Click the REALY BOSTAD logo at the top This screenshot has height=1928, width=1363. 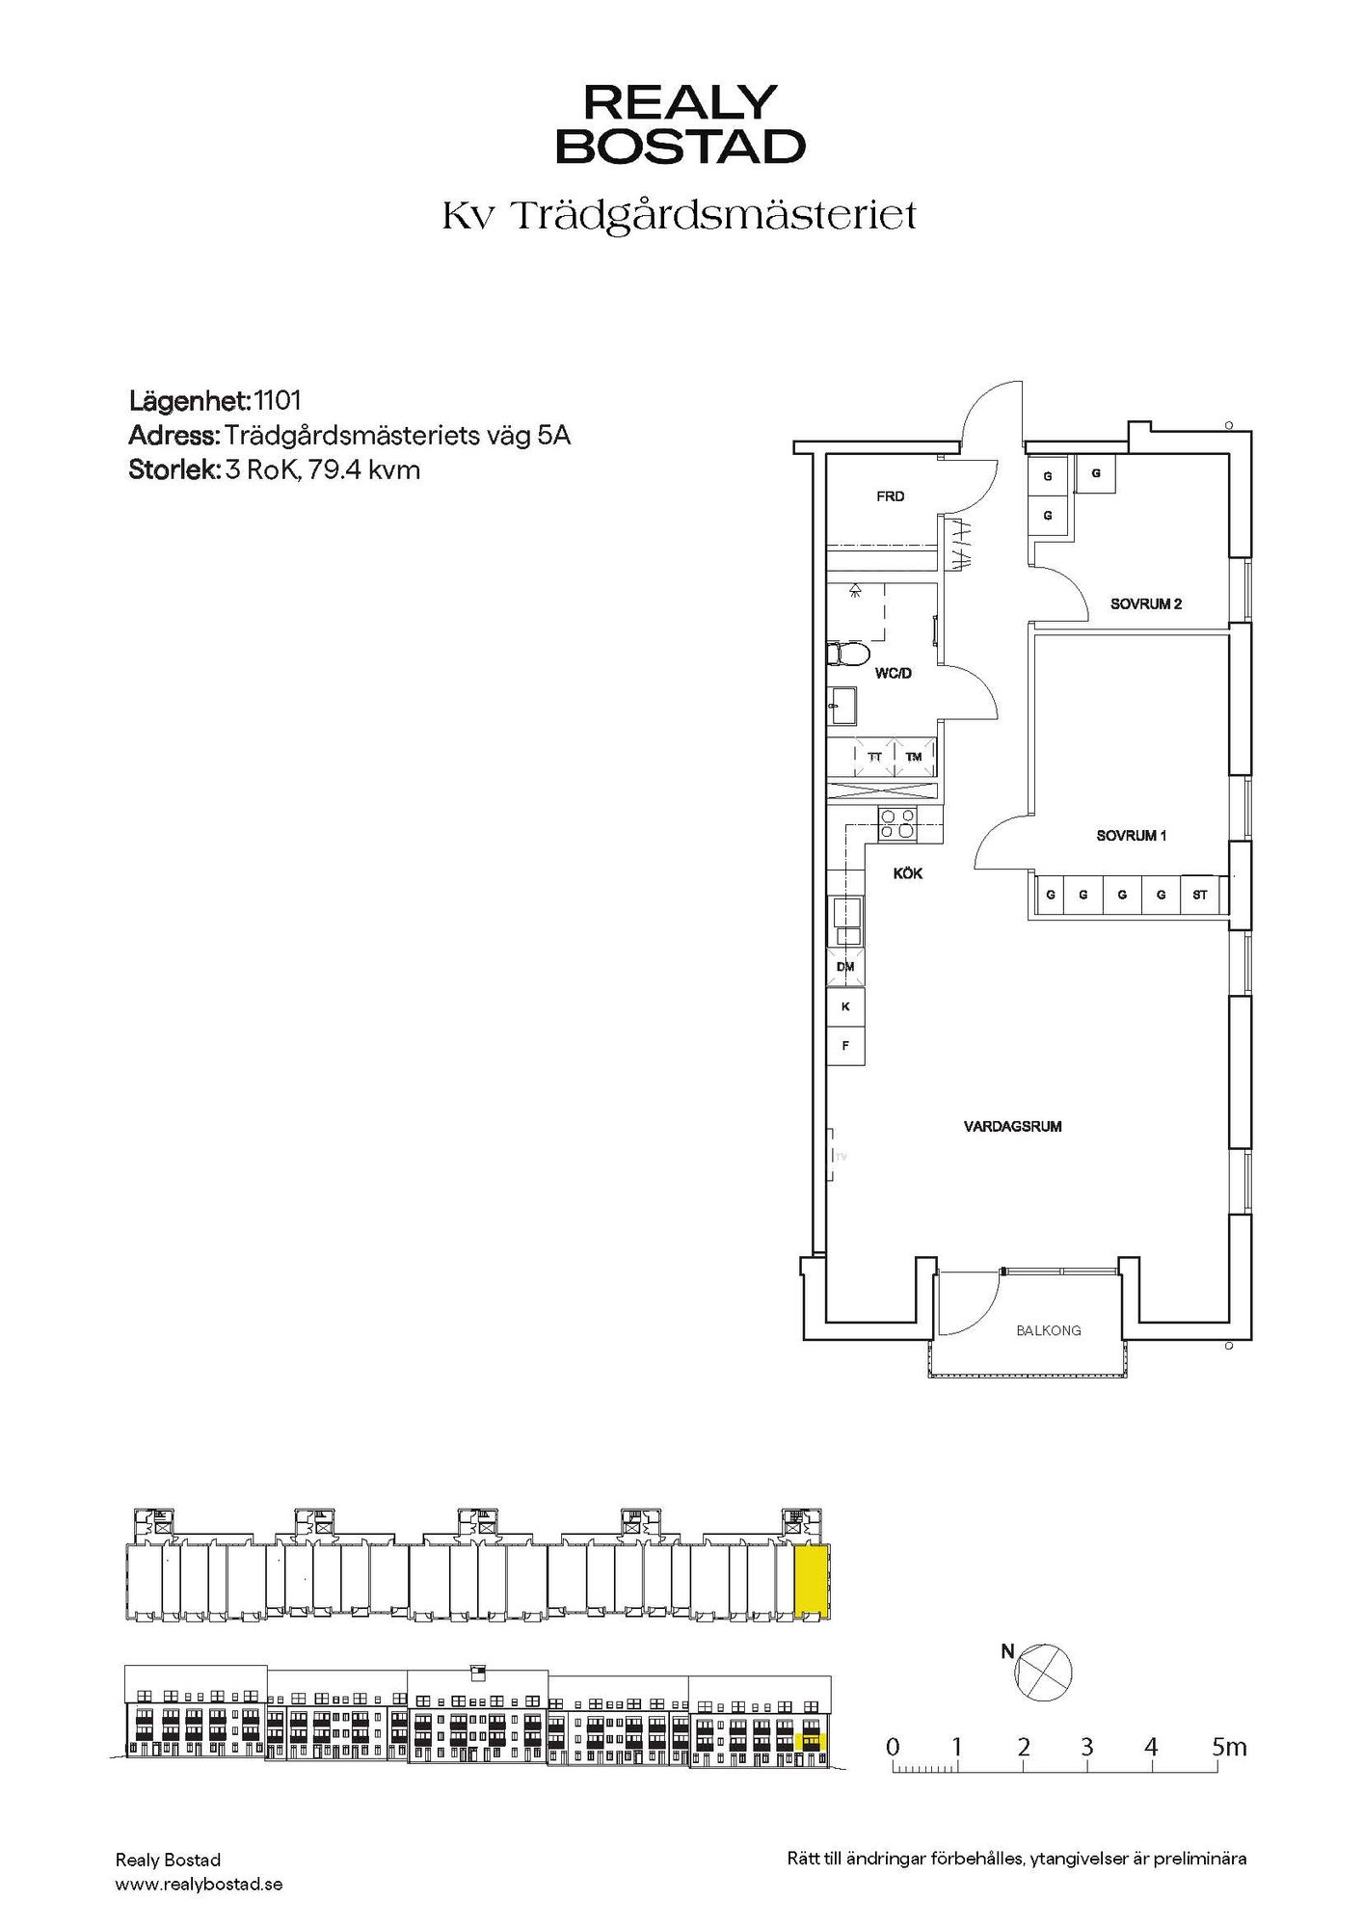point(681,123)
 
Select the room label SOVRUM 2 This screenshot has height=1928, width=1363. point(1146,604)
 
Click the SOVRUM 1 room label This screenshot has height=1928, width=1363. point(1132,836)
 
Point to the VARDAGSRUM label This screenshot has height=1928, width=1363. point(1013,1126)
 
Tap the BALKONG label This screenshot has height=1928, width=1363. point(1049,1330)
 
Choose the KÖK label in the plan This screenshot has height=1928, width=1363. point(908,873)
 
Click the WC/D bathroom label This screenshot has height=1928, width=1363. point(893,674)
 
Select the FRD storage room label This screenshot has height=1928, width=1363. point(891,496)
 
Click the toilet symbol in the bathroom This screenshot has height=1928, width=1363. point(847,655)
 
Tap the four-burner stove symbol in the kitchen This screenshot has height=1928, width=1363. point(896,826)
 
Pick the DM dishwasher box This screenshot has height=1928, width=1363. point(845,967)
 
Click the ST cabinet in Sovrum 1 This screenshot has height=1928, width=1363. point(1200,896)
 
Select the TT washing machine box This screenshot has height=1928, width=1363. point(875,757)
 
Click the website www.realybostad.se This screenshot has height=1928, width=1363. point(199,1884)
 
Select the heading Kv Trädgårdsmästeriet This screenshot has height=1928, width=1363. point(680,216)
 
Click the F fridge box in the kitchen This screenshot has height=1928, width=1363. point(845,1045)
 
